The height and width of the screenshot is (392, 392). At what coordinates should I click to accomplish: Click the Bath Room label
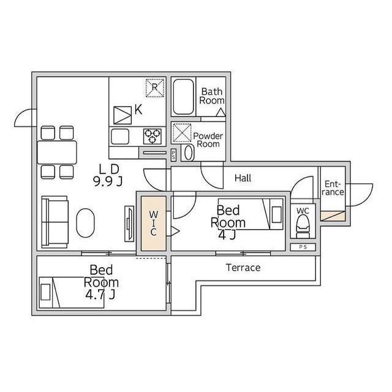212,96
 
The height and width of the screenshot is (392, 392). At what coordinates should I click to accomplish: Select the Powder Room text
207,140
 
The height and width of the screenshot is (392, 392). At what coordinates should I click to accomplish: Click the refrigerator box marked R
155,88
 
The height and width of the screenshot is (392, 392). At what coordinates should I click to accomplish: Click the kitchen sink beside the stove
120,135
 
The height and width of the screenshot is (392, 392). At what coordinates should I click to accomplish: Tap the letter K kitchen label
138,110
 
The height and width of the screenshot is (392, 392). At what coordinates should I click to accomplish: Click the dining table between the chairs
58,151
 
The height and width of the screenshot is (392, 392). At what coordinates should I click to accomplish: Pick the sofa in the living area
55,221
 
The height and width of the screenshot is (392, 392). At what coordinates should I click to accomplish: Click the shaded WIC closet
153,222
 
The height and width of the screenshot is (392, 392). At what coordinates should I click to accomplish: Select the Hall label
243,178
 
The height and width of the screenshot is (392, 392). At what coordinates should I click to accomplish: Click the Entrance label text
334,187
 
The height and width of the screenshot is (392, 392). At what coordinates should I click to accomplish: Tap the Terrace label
243,268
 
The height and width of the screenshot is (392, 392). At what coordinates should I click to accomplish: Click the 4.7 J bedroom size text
101,295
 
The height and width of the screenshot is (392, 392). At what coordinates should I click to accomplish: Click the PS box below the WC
303,247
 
